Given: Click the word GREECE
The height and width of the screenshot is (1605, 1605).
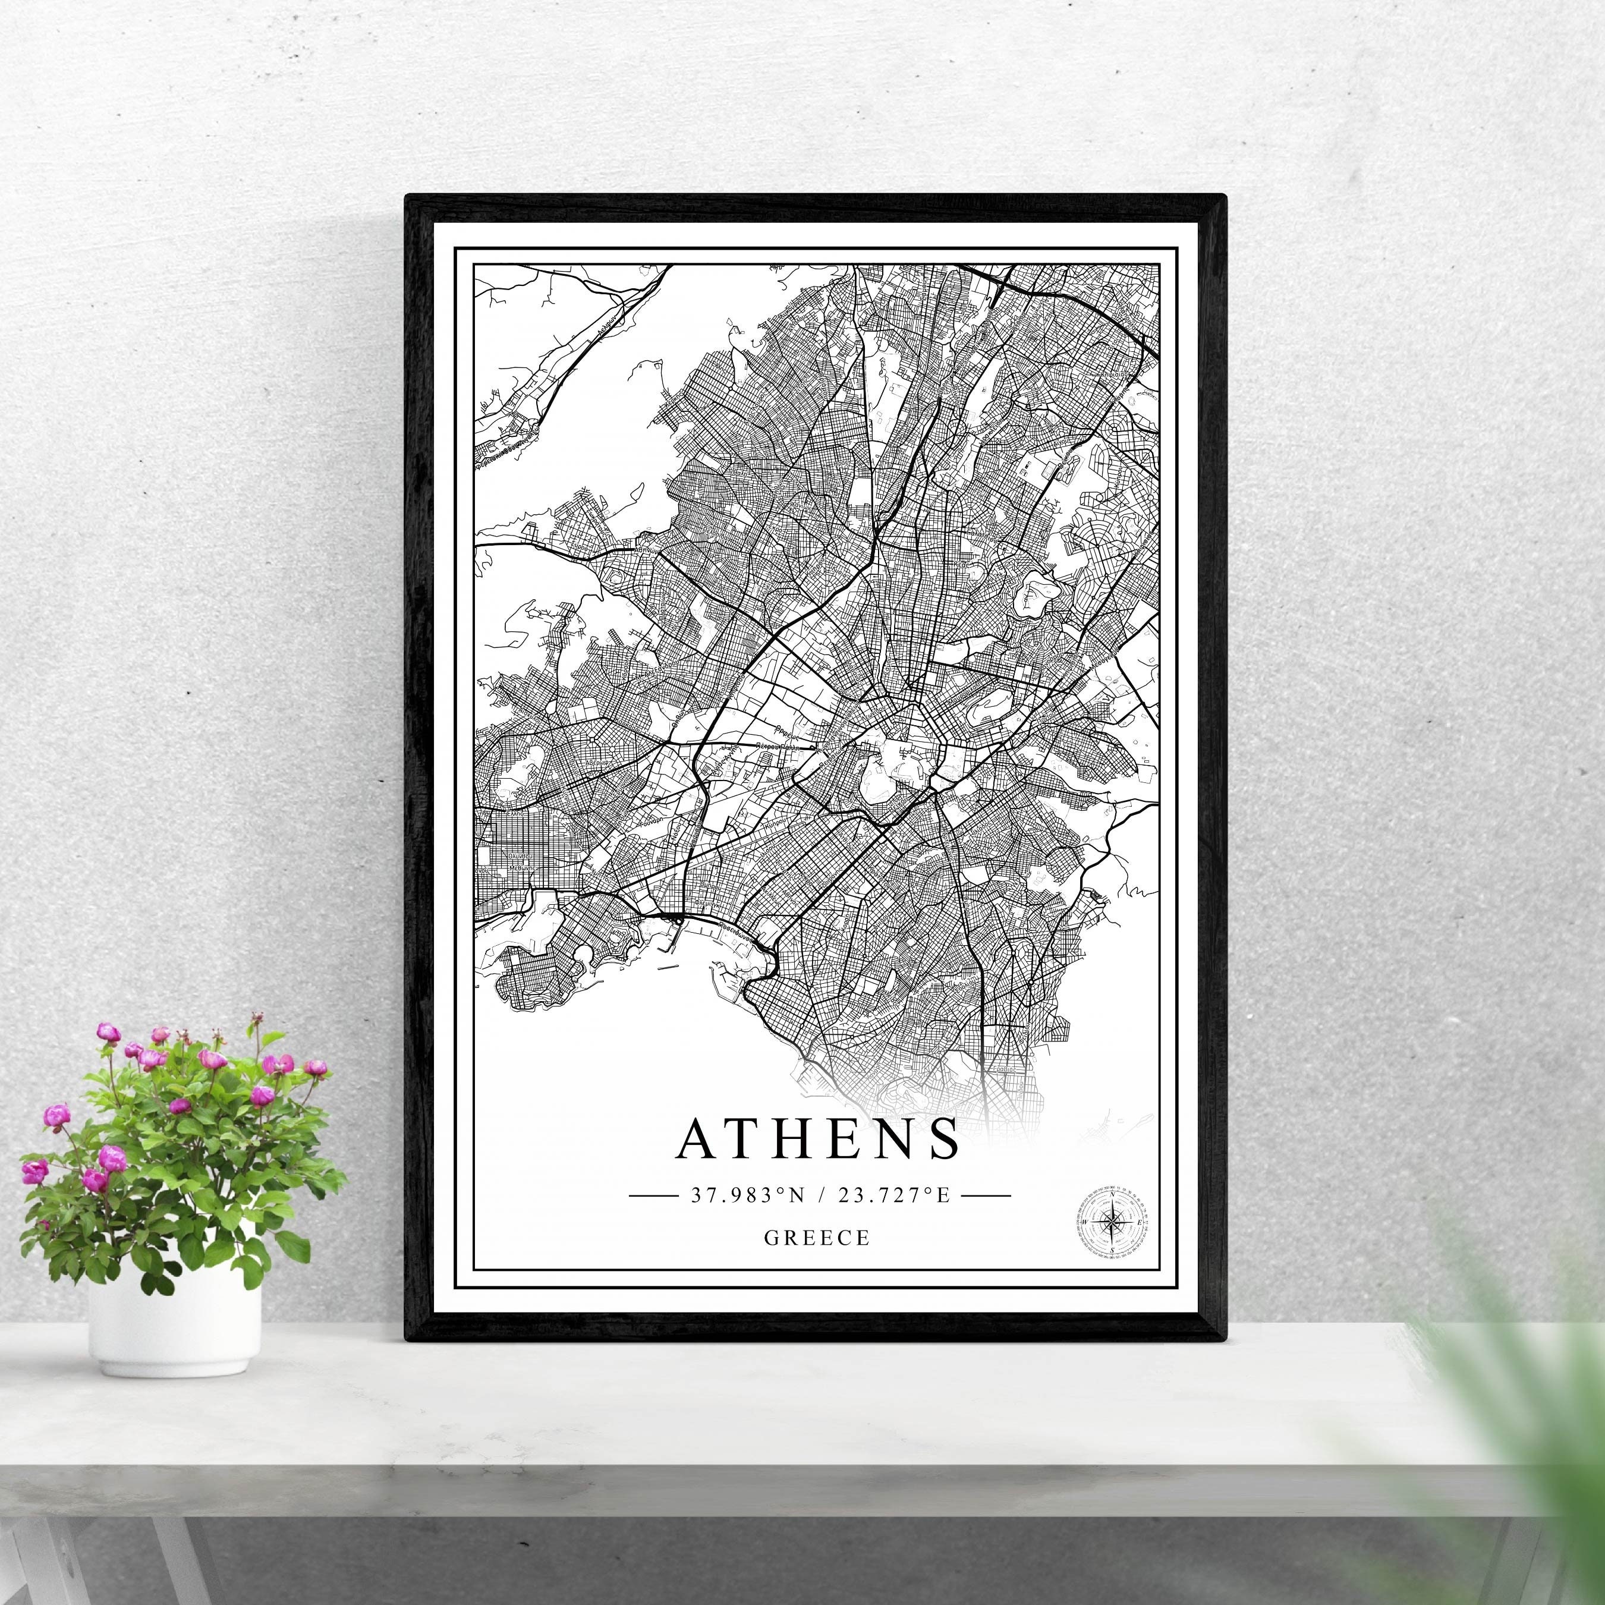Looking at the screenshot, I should point(817,1238).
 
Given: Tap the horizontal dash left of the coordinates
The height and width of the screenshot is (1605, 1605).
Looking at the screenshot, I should point(654,1196).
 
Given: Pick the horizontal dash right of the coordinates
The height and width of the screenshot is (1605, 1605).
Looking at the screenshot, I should point(986,1196).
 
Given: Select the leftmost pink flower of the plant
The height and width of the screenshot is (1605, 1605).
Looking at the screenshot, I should point(33,1172).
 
